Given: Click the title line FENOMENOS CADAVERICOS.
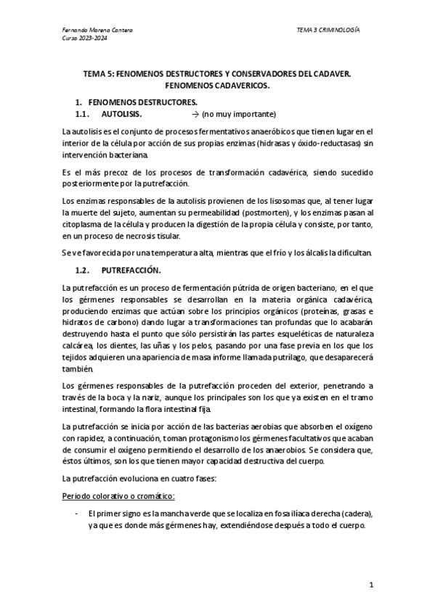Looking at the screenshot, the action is (x=217, y=85).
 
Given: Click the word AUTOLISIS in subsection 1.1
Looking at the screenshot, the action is (x=121, y=115).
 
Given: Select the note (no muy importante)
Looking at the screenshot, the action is (x=239, y=115).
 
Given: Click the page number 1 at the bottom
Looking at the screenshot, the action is (x=370, y=584).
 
